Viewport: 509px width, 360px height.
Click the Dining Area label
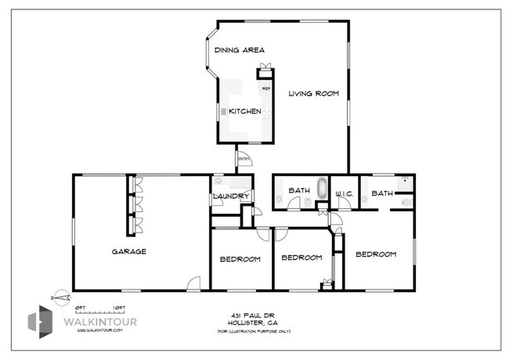[x=239, y=51]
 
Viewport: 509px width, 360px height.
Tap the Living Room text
[x=312, y=94]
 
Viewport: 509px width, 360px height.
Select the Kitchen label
[x=244, y=112]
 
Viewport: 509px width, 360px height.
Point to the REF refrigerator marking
[x=265, y=89]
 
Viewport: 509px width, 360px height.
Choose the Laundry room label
[x=229, y=196]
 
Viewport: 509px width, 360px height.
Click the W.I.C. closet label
[x=345, y=193]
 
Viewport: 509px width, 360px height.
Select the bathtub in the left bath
[x=321, y=189]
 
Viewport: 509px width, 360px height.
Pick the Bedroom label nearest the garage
[x=239, y=259]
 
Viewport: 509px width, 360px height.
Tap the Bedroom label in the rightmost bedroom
[x=376, y=254]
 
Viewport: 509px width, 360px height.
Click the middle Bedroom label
[x=301, y=258]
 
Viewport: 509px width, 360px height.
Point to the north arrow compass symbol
[x=56, y=297]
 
